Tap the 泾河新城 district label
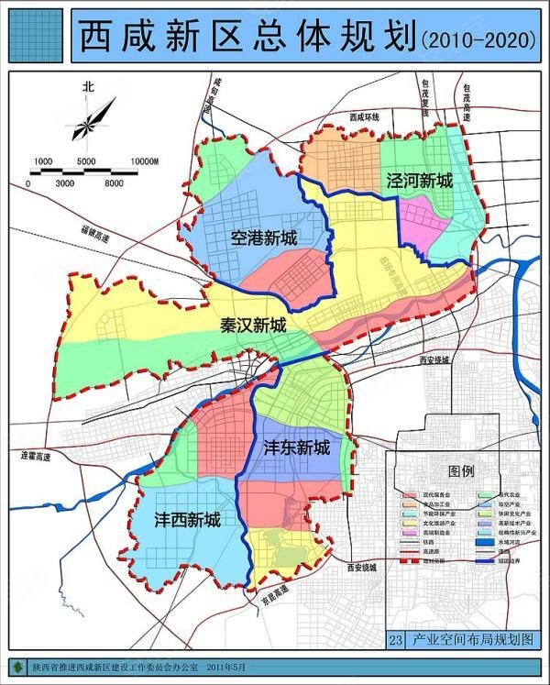(x=419, y=181)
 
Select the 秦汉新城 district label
(x=252, y=326)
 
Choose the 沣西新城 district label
(x=187, y=520)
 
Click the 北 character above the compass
(x=88, y=87)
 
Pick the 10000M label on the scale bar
(x=145, y=162)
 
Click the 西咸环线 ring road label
(x=364, y=117)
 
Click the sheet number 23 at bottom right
(x=395, y=639)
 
